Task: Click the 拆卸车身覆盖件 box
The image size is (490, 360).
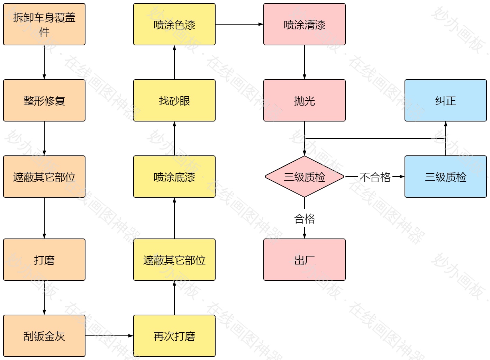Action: coord(44,24)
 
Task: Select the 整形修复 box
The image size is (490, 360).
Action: coord(44,100)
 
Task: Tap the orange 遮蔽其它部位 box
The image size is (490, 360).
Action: coord(44,177)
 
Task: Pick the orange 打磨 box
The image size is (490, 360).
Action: coord(44,260)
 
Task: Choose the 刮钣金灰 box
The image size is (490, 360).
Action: coord(44,336)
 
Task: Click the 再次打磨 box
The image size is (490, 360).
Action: coord(174,336)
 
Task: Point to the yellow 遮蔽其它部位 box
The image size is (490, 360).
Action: coord(174,260)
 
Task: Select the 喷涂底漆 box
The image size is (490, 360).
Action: coord(174,177)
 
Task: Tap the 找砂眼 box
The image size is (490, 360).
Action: coord(174,100)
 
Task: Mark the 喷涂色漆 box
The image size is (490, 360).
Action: coord(174,24)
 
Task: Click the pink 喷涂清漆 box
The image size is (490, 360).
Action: coord(305,24)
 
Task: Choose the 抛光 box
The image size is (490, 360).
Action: coord(305,100)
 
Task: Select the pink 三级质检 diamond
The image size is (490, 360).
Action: coord(305,177)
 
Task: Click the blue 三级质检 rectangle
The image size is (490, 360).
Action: coord(446,177)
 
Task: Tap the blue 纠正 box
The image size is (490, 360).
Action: coord(446,100)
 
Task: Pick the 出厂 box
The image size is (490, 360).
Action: coord(305,260)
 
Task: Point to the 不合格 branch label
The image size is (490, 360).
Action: coord(375,177)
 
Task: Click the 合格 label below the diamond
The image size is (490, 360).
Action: coord(305,218)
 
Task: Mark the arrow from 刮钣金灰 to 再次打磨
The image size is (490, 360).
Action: coord(109,336)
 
